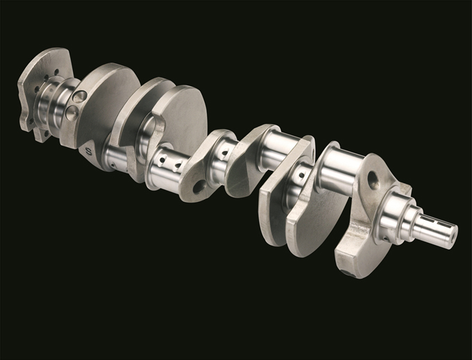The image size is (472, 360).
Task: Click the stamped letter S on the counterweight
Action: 87,149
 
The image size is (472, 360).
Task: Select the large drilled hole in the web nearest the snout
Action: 373,182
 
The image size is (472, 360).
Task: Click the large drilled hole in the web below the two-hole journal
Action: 200,187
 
